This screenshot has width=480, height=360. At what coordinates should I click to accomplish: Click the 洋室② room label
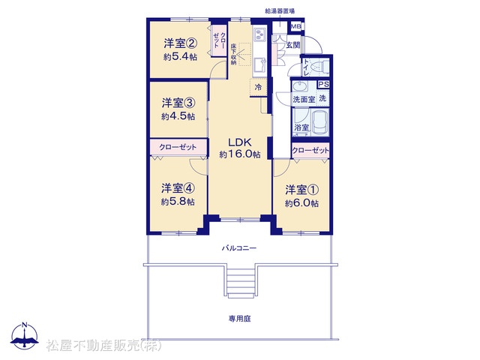pyautogui.click(x=180, y=43)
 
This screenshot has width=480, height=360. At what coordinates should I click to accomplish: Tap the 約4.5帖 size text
pyautogui.click(x=178, y=117)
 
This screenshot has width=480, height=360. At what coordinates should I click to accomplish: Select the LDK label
pyautogui.click(x=240, y=142)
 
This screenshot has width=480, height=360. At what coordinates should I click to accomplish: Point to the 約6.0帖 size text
pyautogui.click(x=301, y=203)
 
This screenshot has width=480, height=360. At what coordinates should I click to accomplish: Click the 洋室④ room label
pyautogui.click(x=178, y=188)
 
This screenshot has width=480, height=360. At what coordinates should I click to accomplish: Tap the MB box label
pyautogui.click(x=295, y=27)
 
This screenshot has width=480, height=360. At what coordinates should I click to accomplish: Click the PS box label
pyautogui.click(x=323, y=84)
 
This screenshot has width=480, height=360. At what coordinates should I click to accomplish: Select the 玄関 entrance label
pyautogui.click(x=293, y=45)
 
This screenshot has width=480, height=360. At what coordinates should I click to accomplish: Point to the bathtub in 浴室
pyautogui.click(x=319, y=122)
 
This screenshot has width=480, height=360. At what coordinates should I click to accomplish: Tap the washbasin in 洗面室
pyautogui.click(x=300, y=87)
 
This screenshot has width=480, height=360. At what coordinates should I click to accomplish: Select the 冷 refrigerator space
pyautogui.click(x=258, y=88)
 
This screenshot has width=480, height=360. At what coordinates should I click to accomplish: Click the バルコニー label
pyautogui.click(x=239, y=248)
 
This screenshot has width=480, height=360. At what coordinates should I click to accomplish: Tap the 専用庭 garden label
pyautogui.click(x=240, y=319)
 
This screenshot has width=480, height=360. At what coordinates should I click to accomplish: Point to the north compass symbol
pyautogui.click(x=25, y=335)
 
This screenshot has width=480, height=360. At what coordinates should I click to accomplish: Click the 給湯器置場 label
pyautogui.click(x=280, y=11)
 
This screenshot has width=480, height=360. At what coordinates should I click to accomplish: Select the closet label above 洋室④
pyautogui.click(x=178, y=147)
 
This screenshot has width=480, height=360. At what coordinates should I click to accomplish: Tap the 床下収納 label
pyautogui.click(x=233, y=54)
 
